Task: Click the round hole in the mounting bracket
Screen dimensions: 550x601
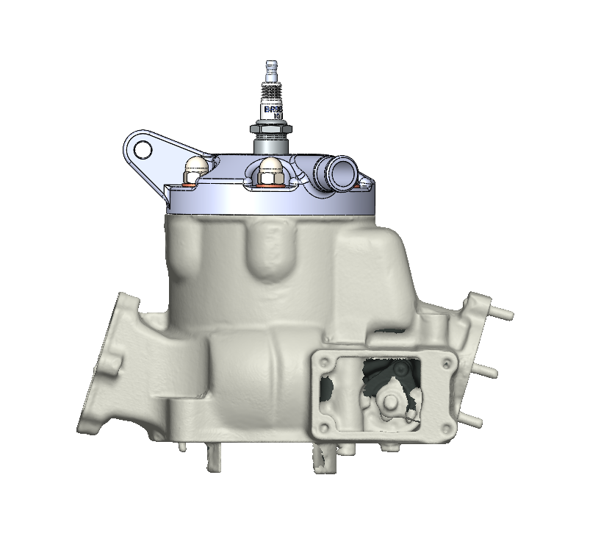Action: [143, 150]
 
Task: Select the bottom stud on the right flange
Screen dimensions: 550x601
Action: [473, 421]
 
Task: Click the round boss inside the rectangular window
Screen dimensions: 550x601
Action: [390, 402]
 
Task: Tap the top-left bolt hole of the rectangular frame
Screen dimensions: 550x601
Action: [321, 361]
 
